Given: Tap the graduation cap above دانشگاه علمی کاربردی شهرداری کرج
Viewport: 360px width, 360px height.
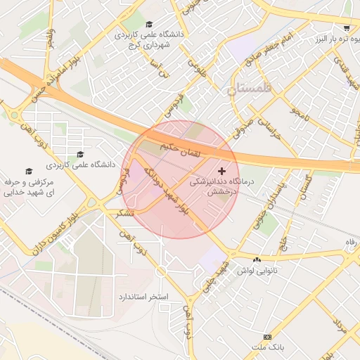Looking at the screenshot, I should click(148, 23).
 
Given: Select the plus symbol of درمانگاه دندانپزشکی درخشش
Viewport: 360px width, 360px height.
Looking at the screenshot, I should click(222, 171).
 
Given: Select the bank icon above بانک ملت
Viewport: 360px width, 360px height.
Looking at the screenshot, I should click(266, 337).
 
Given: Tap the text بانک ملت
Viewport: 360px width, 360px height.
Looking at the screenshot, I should click(266, 347).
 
